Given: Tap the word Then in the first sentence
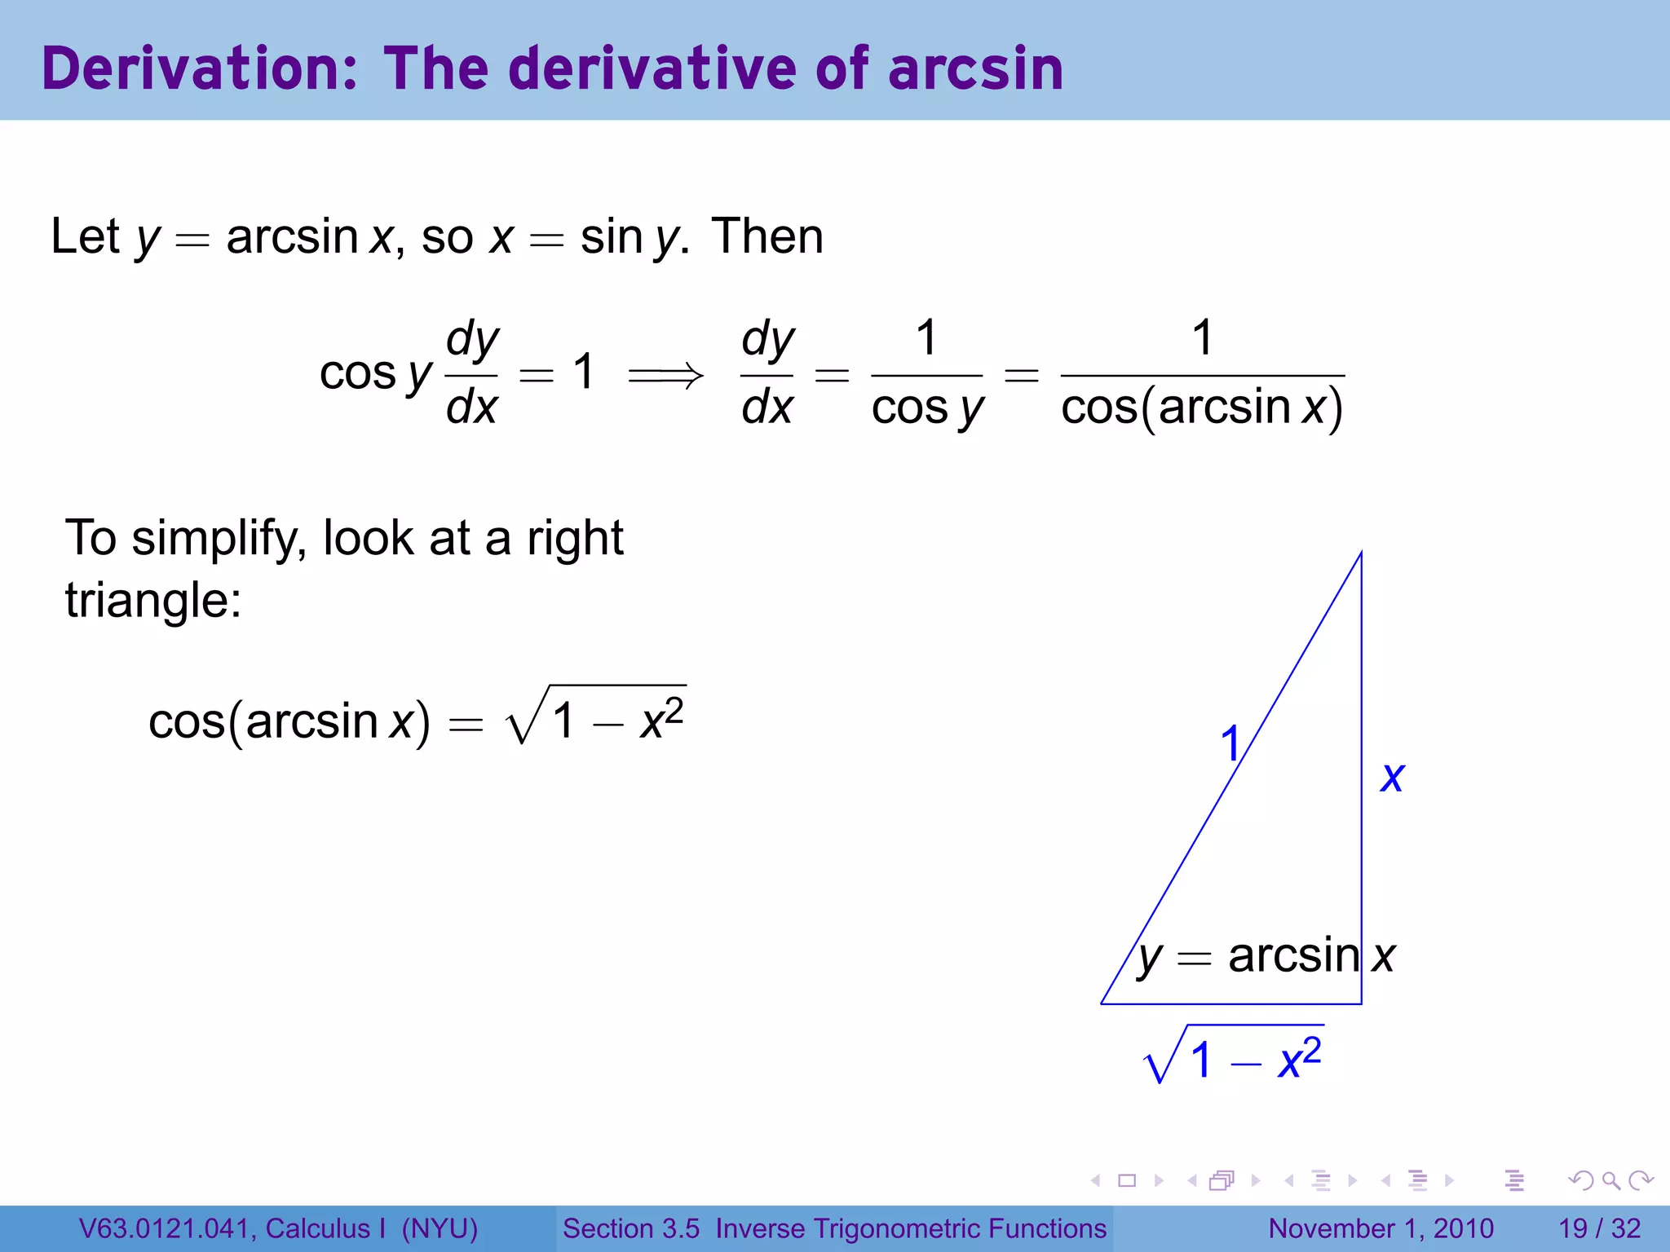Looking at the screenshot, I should pyautogui.click(x=767, y=237).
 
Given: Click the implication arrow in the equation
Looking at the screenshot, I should pyautogui.click(x=665, y=375).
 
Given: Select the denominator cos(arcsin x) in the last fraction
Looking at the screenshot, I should pyautogui.click(x=1202, y=408).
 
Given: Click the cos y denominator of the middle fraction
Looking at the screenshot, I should pyautogui.click(x=927, y=408).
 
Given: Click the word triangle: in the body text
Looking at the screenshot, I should pyautogui.click(x=153, y=602).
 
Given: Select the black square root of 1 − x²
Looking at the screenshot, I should pyautogui.click(x=595, y=717).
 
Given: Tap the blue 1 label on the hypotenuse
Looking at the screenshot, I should pyautogui.click(x=1230, y=743).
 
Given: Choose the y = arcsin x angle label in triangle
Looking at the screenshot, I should pyautogui.click(x=1266, y=956).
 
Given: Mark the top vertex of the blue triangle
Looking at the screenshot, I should pyautogui.click(x=1361, y=554).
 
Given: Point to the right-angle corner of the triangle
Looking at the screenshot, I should pyautogui.click(x=1361, y=1003).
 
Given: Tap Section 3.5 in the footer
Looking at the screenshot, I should pyautogui.click(x=630, y=1228).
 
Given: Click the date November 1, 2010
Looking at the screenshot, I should pyautogui.click(x=1381, y=1228).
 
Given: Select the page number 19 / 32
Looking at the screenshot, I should pyautogui.click(x=1599, y=1228).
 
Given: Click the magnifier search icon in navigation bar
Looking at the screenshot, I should pyautogui.click(x=1610, y=1180).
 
